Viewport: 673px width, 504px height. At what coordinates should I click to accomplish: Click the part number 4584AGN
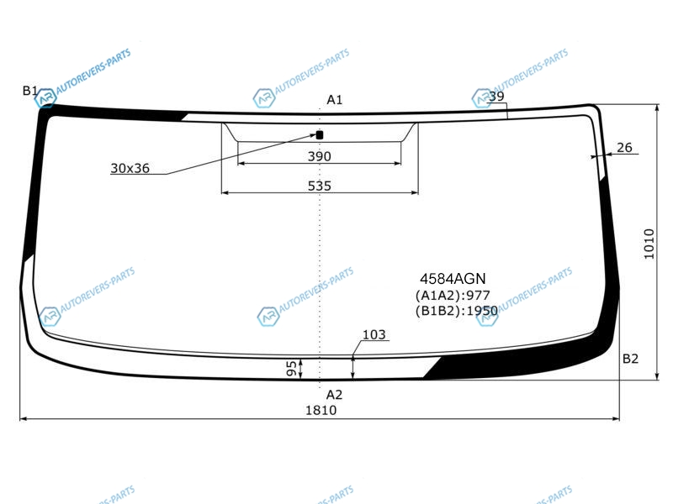[x=453, y=279]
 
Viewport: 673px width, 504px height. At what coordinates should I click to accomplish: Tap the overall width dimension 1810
[x=321, y=411]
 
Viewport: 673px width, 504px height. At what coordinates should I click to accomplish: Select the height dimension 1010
[x=649, y=244]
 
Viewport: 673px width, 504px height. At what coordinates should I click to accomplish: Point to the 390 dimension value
[x=320, y=156]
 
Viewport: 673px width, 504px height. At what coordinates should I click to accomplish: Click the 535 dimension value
[x=320, y=186]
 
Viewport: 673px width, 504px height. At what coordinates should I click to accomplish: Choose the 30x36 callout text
[x=130, y=168]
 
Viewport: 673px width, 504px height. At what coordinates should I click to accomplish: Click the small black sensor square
[x=320, y=135]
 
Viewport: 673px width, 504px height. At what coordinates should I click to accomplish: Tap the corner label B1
[x=30, y=91]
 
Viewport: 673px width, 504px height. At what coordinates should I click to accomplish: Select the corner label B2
[x=630, y=359]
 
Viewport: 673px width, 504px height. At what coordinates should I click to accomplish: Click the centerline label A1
[x=334, y=100]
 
